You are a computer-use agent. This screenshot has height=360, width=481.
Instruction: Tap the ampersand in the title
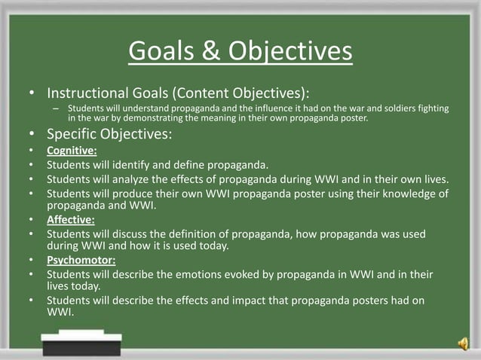tap(211, 51)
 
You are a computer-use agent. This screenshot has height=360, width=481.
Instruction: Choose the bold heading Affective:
tap(71, 221)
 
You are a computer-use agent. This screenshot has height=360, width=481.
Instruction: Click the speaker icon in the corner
tap(462, 343)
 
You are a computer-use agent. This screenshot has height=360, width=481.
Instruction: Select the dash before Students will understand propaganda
tap(55, 109)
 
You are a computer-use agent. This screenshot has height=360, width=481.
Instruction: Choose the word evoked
tap(252, 276)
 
